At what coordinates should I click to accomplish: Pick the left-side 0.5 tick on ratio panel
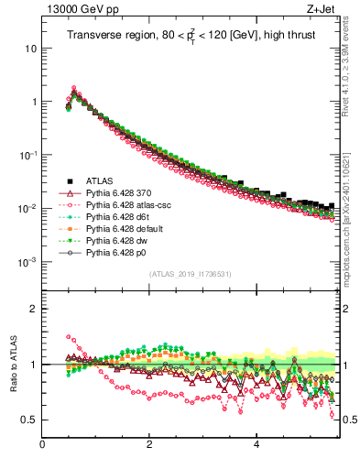[29, 420]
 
